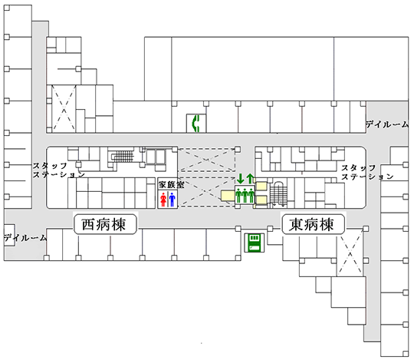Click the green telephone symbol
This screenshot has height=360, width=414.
[196, 123]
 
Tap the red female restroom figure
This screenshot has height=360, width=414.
[163, 200]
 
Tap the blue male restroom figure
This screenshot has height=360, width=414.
[172, 200]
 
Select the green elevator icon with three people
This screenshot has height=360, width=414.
[245, 195]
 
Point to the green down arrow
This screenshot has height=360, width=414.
[240, 178]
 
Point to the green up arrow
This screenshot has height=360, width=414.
[250, 178]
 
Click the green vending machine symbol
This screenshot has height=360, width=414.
[254, 243]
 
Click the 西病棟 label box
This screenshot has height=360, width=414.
[105, 224]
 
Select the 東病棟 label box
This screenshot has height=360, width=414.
[313, 224]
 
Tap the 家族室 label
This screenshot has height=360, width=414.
[172, 184]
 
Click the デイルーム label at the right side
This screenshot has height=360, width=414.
[387, 124]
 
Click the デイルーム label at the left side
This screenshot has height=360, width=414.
[25, 238]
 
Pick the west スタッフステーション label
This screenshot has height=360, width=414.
[58, 170]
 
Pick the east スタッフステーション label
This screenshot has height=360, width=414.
[367, 172]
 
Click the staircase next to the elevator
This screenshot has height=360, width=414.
[278, 193]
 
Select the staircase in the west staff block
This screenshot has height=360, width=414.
[123, 157]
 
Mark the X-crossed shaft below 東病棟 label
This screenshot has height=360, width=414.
[350, 255]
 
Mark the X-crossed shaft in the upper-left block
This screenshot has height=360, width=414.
[64, 109]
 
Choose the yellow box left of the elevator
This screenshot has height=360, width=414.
[228, 196]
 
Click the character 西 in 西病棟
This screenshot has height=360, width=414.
[88, 225]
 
